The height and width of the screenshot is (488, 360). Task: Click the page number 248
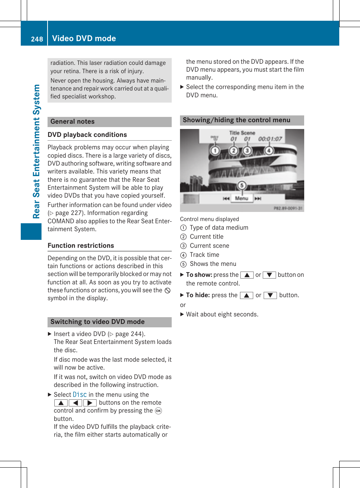point(37,39)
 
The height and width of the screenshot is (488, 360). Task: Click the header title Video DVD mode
point(84,38)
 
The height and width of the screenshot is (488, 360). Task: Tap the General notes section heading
point(72,121)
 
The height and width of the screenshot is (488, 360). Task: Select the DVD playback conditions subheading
point(87,135)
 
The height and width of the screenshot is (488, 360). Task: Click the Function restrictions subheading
point(81,246)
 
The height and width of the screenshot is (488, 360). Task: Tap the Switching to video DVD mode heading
point(97,322)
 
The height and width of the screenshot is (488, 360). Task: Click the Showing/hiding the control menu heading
point(236,120)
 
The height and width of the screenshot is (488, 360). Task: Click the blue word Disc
point(80,394)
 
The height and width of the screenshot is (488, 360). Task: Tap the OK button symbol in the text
point(158,411)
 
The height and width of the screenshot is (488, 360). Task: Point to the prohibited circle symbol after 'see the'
point(168,290)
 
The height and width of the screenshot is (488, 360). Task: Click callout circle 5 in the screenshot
point(242,185)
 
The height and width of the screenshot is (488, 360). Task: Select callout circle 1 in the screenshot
point(215,151)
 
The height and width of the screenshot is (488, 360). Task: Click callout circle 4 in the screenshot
point(269,151)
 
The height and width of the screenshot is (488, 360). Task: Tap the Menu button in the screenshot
point(242,198)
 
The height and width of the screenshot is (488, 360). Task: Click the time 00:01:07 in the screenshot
point(270,139)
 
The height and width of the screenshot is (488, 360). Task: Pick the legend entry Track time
point(204,255)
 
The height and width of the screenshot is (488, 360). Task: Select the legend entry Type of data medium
point(219,228)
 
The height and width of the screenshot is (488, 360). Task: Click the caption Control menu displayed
point(209,219)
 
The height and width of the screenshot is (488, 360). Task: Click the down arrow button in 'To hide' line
point(270,295)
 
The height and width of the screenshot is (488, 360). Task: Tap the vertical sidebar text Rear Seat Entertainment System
point(36,151)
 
